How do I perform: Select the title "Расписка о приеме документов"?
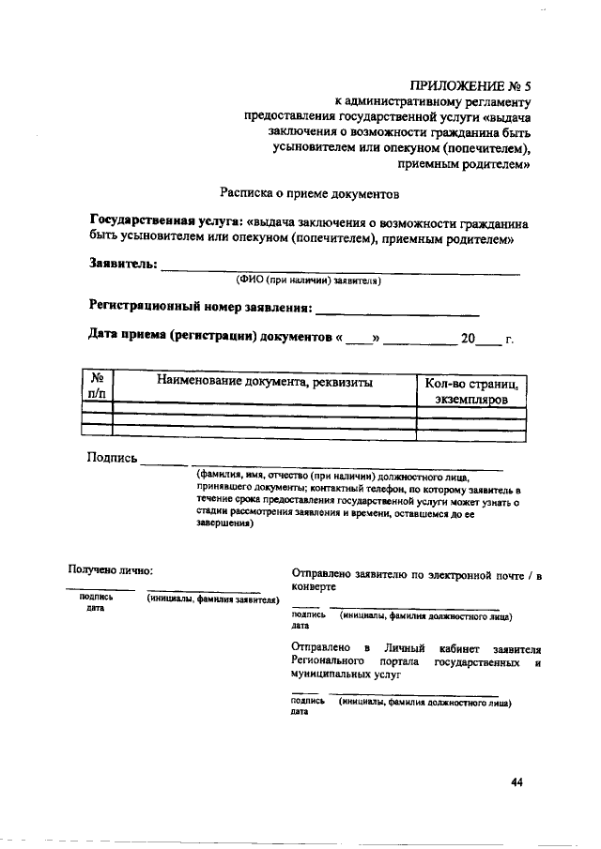[309, 193]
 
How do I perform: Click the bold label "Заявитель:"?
[123, 264]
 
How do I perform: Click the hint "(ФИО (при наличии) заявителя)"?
[308, 280]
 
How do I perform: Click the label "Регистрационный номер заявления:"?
[200, 307]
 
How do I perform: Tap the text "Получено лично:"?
[110, 569]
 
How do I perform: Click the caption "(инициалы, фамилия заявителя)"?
[214, 599]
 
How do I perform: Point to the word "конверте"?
[314, 585]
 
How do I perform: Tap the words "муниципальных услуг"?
[346, 675]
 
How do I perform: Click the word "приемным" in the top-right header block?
[429, 164]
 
